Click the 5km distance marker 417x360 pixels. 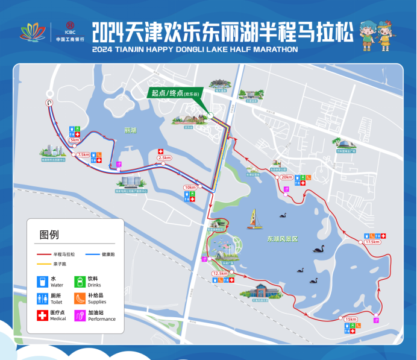tap(75, 140)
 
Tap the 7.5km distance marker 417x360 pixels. tap(83, 155)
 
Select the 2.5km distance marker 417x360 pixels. tap(164, 158)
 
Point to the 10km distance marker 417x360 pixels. tap(190, 188)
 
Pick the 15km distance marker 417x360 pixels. tap(351, 319)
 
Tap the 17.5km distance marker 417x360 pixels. tap(372, 242)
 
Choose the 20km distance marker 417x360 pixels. tap(286, 177)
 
